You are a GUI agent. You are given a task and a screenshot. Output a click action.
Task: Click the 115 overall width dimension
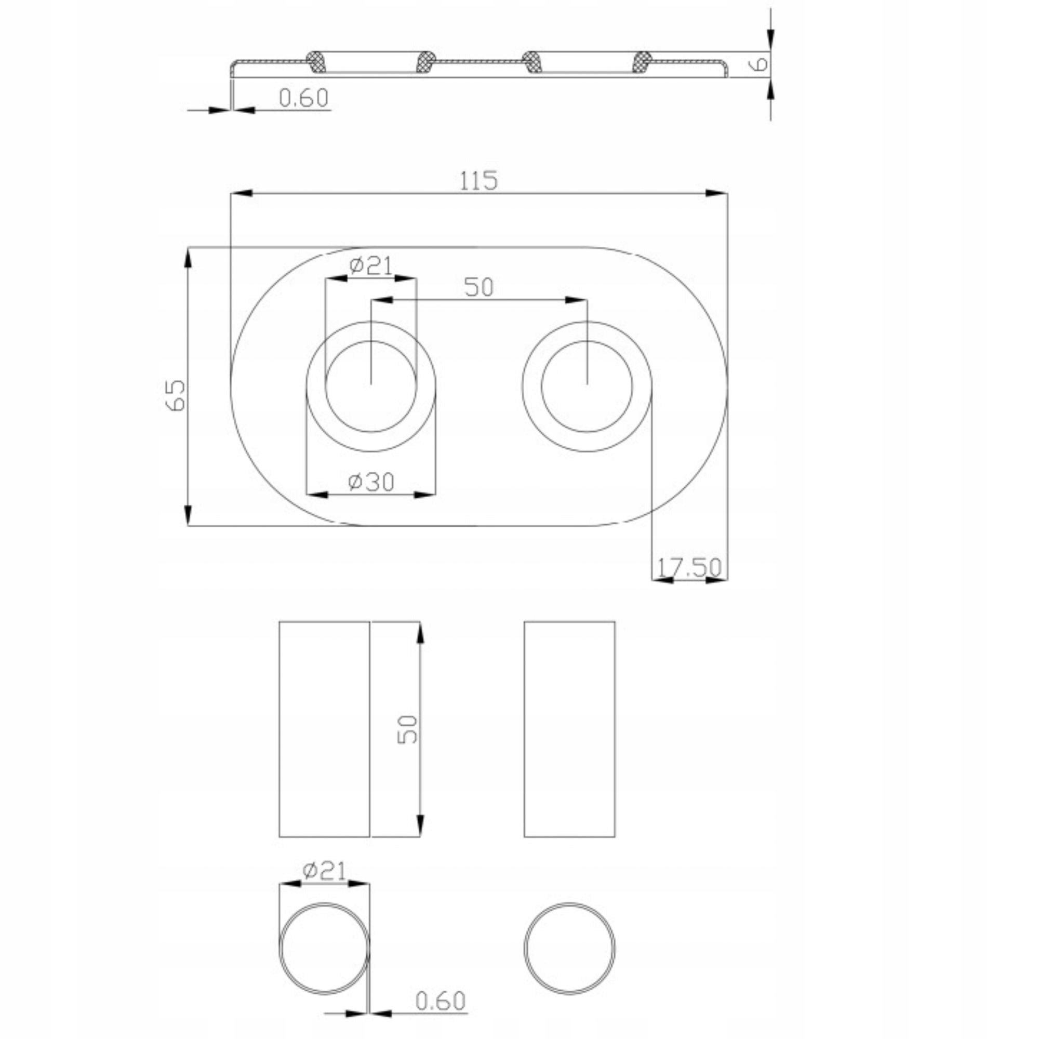(x=478, y=181)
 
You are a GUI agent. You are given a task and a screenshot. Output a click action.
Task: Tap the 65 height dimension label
(x=177, y=395)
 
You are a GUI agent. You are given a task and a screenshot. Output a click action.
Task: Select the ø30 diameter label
(x=371, y=482)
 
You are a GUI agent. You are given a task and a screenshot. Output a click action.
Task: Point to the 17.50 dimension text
(x=689, y=567)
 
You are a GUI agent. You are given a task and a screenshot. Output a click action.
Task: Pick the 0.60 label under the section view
(x=304, y=98)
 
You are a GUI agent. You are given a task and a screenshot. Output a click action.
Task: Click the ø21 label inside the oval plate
(x=371, y=265)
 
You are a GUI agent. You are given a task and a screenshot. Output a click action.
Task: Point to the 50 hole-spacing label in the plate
(x=478, y=287)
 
